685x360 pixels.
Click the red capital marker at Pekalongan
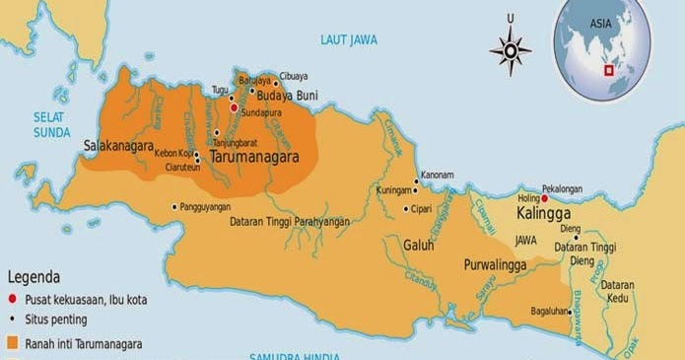(x=545, y=198)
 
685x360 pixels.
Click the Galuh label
(x=419, y=245)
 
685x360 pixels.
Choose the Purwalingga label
(x=497, y=265)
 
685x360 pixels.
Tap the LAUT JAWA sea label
(x=350, y=39)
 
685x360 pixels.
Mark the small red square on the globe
(x=609, y=70)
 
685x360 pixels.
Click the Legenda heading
(x=34, y=277)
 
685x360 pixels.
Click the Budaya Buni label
(x=285, y=96)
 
